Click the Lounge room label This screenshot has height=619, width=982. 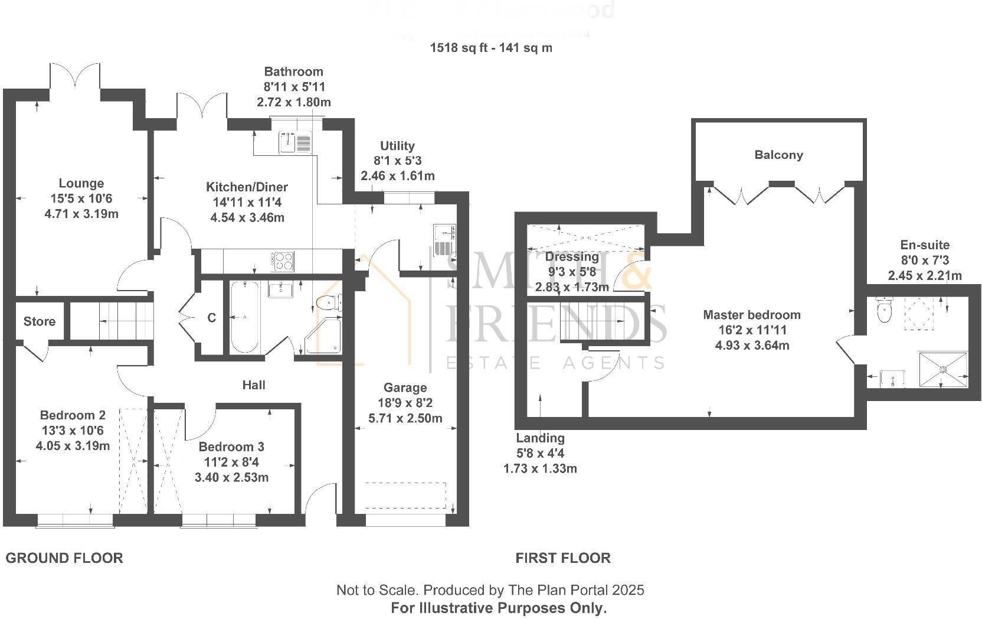81,184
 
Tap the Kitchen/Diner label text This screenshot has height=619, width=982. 247,187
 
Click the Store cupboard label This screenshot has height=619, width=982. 40,321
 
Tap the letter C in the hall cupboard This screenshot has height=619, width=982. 211,318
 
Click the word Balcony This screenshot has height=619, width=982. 778,155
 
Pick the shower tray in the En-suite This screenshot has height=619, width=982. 943,370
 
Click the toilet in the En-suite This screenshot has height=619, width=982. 884,309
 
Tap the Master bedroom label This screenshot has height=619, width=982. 752,315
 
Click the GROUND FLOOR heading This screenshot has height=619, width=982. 64,558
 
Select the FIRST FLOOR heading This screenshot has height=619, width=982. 563,558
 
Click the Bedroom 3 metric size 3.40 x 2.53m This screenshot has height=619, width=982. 231,477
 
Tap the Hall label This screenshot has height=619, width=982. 254,385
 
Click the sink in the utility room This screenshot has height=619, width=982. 443,240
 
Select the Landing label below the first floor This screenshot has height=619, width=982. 540,438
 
